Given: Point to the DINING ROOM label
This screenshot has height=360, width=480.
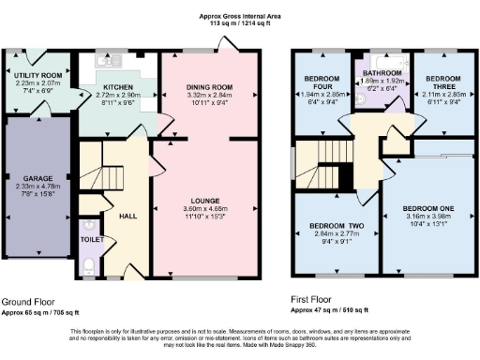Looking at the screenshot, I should pos(208,88).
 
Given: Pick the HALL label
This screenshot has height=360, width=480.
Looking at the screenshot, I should pos(128,216).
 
